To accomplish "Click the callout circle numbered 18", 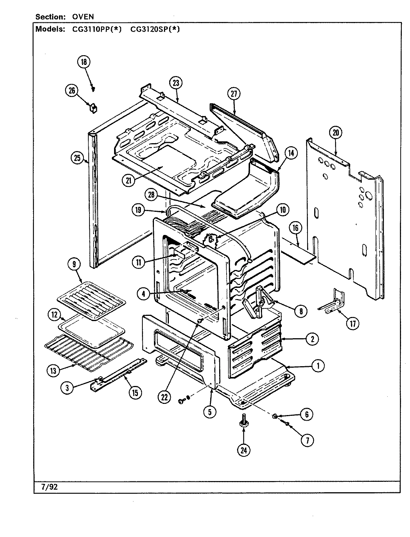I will click(84, 62).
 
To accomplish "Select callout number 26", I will click(72, 90).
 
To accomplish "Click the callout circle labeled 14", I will click(291, 152).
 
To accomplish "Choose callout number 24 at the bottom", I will click(244, 450).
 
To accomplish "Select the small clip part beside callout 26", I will click(92, 108).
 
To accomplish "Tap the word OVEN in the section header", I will click(83, 17).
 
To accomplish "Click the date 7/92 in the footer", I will click(47, 487).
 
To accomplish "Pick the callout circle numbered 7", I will click(307, 440).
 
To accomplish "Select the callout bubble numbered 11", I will click(139, 262).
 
